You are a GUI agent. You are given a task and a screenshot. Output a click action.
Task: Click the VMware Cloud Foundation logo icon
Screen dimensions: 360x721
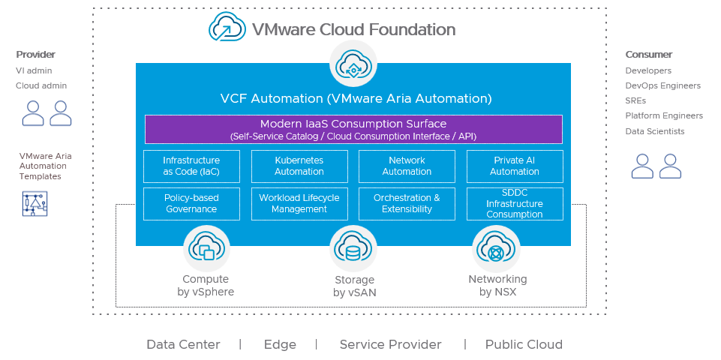tap(227, 28)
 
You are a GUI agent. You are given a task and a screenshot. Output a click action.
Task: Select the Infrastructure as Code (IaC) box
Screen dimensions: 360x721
tap(191, 166)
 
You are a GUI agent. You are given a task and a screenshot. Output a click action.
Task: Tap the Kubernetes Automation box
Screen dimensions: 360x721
tap(299, 166)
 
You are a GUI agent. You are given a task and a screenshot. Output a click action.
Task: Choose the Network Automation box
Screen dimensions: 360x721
tap(407, 166)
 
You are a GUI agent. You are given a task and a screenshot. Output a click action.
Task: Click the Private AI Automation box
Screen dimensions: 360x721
tap(515, 166)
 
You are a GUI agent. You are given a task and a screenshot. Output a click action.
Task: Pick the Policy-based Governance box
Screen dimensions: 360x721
tap(191, 204)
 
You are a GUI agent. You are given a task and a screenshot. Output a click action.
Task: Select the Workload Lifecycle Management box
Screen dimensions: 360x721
tap(299, 204)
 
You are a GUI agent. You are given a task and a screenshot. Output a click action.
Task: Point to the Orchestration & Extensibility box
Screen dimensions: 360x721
tap(407, 204)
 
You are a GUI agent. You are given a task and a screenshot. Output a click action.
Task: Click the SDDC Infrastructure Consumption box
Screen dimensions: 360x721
tap(515, 204)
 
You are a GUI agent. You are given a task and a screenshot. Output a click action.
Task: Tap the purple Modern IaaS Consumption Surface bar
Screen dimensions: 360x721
tap(353, 129)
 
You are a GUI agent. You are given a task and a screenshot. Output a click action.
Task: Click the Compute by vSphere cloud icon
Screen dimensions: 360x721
tap(206, 248)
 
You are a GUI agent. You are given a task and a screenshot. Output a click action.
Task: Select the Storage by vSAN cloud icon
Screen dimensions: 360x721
tap(353, 248)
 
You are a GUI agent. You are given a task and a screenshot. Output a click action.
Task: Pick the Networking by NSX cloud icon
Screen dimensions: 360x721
tap(496, 248)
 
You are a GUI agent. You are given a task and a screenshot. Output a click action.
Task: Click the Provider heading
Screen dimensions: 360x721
tap(36, 55)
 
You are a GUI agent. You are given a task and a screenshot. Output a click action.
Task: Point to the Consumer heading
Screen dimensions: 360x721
tap(649, 55)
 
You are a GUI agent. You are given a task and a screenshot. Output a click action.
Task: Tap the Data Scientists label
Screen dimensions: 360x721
tap(655, 132)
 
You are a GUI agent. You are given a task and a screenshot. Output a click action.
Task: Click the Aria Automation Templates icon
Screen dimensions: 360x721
tap(35, 203)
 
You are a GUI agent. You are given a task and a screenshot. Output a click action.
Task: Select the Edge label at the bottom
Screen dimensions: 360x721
tap(280, 345)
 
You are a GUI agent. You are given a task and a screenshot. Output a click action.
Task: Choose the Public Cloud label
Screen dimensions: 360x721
tap(524, 345)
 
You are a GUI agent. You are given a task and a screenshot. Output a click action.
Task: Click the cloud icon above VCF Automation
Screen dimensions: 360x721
tap(353, 63)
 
